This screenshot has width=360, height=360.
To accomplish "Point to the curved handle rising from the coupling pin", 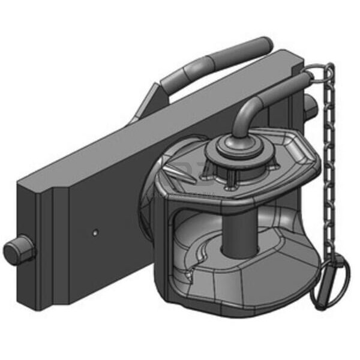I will click(x=246, y=110).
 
